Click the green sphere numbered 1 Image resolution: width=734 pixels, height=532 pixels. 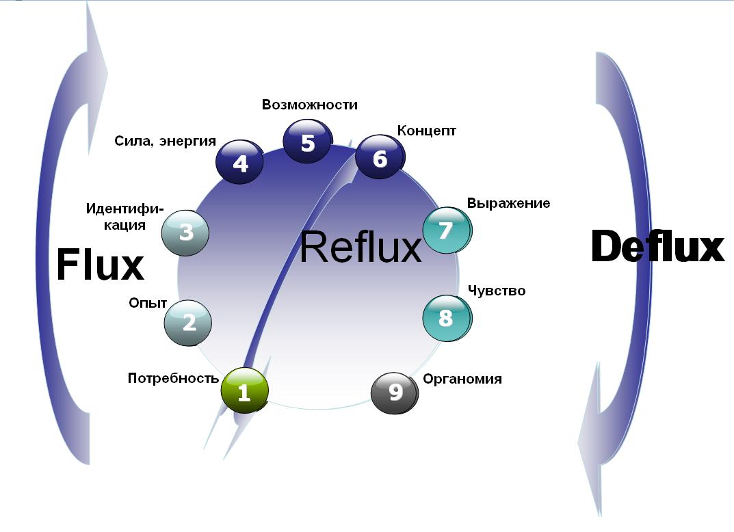click(x=244, y=391)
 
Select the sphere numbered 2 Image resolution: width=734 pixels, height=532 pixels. click(x=188, y=322)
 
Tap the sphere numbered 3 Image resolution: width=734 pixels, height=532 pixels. click(x=185, y=232)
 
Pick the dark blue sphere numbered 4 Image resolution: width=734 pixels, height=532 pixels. click(x=239, y=162)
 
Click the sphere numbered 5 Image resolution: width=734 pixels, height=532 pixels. click(x=307, y=142)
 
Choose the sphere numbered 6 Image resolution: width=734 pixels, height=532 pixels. click(x=379, y=157)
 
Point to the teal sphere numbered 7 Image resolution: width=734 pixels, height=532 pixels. click(x=446, y=230)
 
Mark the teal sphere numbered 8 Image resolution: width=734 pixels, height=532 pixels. click(x=446, y=318)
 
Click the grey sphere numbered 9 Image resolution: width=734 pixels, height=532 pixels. click(x=395, y=392)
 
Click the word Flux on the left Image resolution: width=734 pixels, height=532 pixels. click(x=100, y=265)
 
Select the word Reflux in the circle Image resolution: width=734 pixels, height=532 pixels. click(x=361, y=248)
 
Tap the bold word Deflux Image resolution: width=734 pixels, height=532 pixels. click(x=657, y=247)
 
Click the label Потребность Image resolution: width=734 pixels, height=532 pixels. click(x=173, y=378)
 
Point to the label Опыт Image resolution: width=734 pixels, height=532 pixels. click(x=148, y=302)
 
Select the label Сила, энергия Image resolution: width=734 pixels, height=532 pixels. click(x=165, y=142)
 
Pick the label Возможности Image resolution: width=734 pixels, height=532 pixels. click(x=310, y=105)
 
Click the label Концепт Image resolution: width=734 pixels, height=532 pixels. click(x=426, y=130)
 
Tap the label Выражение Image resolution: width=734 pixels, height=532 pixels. click(x=508, y=203)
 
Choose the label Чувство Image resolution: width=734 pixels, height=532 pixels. click(x=497, y=291)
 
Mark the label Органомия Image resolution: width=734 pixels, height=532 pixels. click(x=462, y=379)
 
